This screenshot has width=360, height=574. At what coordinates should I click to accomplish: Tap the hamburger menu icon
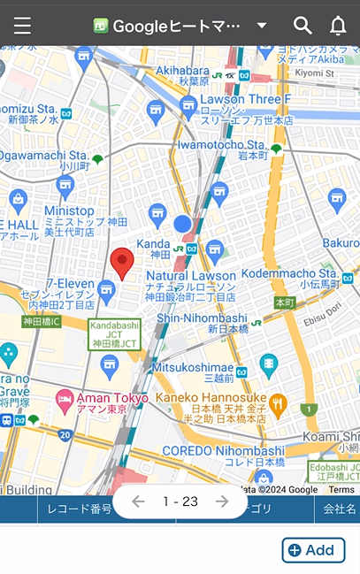tap(22, 26)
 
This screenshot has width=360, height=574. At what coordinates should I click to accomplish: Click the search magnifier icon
tap(303, 26)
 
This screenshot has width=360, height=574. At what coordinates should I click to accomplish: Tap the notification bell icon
tap(338, 26)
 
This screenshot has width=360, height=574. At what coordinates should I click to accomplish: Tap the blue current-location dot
tap(183, 224)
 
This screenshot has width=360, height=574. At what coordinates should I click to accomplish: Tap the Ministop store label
tap(69, 211)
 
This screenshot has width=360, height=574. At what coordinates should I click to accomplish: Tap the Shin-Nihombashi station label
tap(202, 318)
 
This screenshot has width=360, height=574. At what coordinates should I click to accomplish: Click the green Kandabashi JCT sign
tap(114, 335)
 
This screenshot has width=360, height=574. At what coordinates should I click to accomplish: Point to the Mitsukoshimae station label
tap(192, 367)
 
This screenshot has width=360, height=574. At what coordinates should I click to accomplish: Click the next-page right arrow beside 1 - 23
tap(222, 501)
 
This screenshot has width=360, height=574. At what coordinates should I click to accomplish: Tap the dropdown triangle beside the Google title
tap(262, 26)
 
